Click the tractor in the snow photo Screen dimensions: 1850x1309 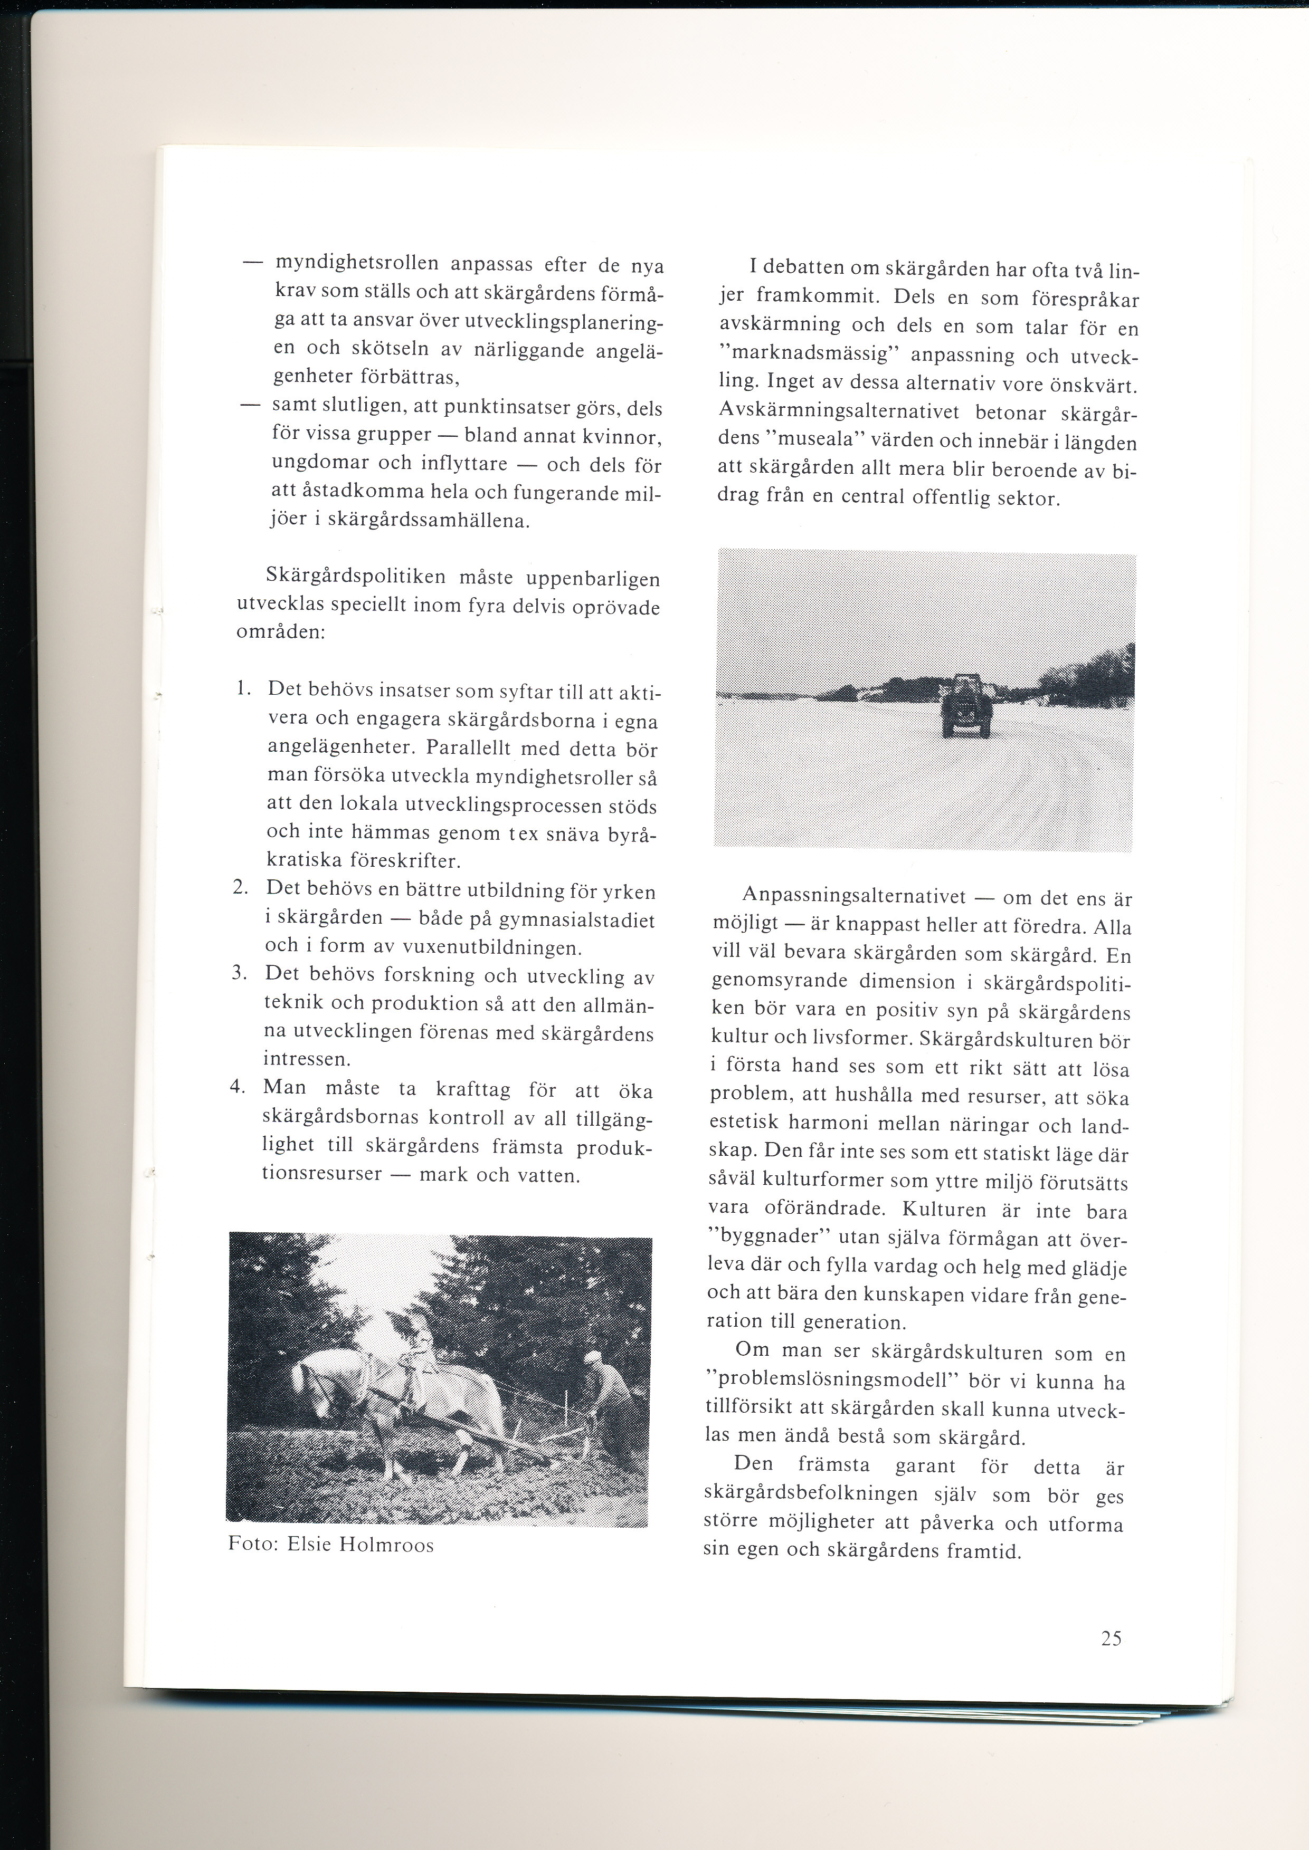click(966, 705)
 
